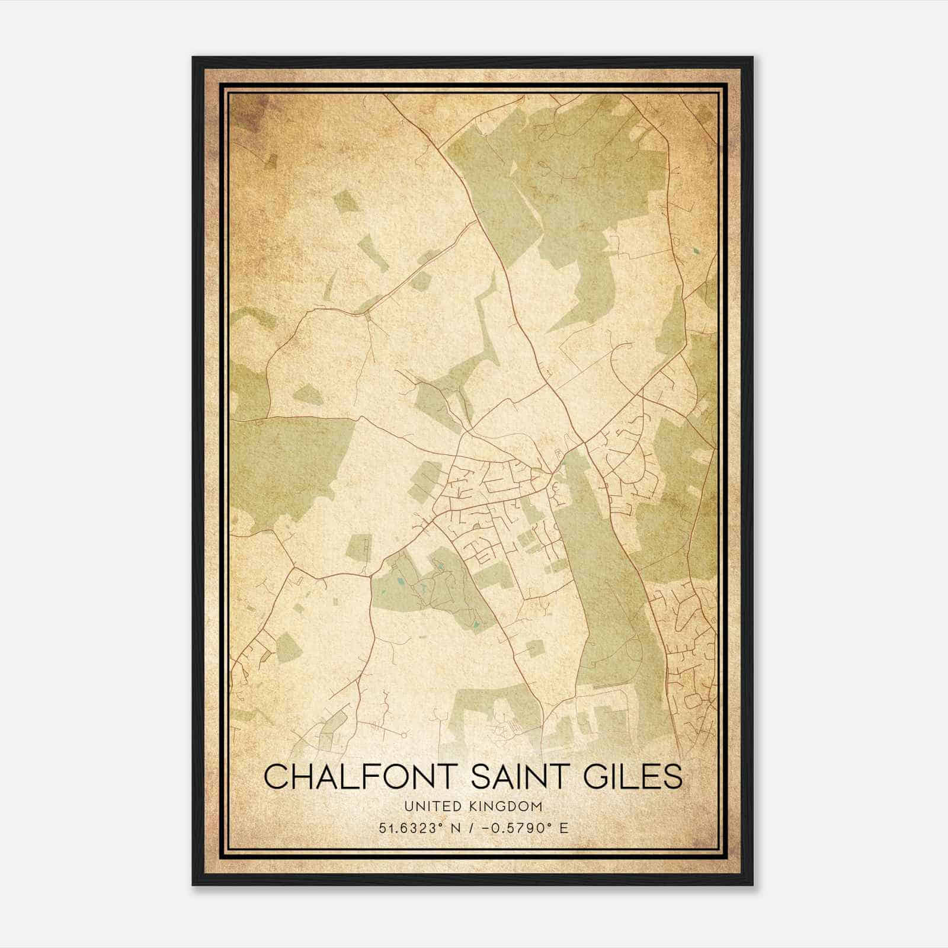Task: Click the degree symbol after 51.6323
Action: (x=438, y=825)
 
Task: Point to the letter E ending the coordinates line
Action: (x=563, y=828)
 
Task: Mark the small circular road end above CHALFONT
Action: (x=404, y=735)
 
